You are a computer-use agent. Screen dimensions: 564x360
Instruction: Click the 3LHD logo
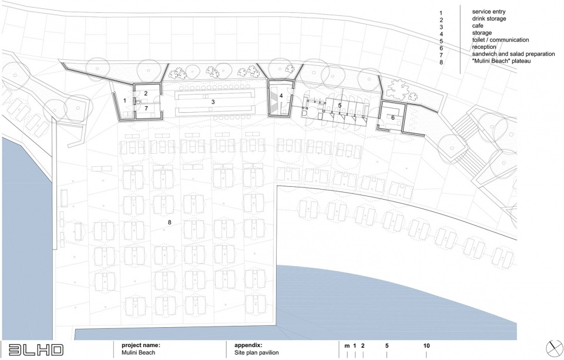[35, 349]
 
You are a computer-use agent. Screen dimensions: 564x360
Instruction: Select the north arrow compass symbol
[554, 348]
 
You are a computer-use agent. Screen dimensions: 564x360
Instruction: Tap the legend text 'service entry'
[488, 12]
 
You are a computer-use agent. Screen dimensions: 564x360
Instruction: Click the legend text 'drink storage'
[489, 19]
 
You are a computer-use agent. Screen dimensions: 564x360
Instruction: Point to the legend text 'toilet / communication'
[501, 40]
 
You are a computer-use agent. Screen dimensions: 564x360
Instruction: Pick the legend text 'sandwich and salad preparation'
[513, 54]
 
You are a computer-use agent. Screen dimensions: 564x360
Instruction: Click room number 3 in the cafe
[213, 102]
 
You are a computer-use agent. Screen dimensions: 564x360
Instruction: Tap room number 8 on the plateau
[169, 222]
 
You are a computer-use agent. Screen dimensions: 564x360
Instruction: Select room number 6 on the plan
[393, 117]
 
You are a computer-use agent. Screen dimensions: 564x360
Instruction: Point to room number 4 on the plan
[281, 96]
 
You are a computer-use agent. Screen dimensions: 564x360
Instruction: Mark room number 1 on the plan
[125, 100]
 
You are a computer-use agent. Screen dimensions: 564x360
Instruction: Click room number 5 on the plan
[340, 105]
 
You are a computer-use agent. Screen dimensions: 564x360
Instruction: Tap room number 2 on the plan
[146, 93]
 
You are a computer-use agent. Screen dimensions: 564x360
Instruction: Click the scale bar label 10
[427, 346]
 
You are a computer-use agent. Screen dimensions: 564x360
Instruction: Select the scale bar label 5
[387, 346]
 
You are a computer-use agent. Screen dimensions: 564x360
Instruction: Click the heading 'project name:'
[140, 346]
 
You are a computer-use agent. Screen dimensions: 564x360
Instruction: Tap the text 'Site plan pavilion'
[257, 352]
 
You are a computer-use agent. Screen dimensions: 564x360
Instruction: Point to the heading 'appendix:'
[248, 346]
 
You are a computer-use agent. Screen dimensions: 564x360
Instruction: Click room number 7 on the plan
[146, 108]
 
